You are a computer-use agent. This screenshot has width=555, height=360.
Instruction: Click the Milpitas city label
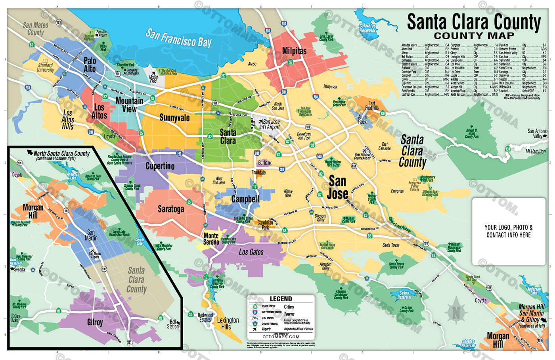pos(294,51)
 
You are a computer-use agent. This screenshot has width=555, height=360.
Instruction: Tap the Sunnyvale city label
pos(174,118)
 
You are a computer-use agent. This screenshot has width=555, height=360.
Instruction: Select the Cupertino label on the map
pos(160,166)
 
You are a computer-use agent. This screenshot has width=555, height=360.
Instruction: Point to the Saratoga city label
pos(171,209)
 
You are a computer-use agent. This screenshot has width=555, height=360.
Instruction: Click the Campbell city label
pos(245,199)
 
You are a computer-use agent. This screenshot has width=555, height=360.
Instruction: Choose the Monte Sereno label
pos(211,239)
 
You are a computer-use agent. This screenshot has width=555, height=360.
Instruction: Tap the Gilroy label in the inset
pos(95,322)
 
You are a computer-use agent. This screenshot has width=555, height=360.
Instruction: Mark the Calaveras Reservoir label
pos(367,28)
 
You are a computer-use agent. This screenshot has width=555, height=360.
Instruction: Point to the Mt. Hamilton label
pos(535,151)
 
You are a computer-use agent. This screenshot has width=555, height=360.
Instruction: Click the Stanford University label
pos(45,67)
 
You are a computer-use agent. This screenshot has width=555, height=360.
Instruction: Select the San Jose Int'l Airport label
pos(270,124)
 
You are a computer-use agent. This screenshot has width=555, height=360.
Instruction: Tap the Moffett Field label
pos(153,79)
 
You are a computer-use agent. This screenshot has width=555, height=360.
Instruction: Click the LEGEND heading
pos(281,299)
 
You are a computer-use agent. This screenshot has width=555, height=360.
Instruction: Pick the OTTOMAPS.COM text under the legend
pos(281,337)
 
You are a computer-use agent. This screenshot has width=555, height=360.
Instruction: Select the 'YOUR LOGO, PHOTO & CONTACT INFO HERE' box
pos(508,231)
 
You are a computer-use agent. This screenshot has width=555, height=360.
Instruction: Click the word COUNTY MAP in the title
pos(474,36)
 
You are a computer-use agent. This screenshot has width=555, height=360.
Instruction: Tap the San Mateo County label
pos(35,29)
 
